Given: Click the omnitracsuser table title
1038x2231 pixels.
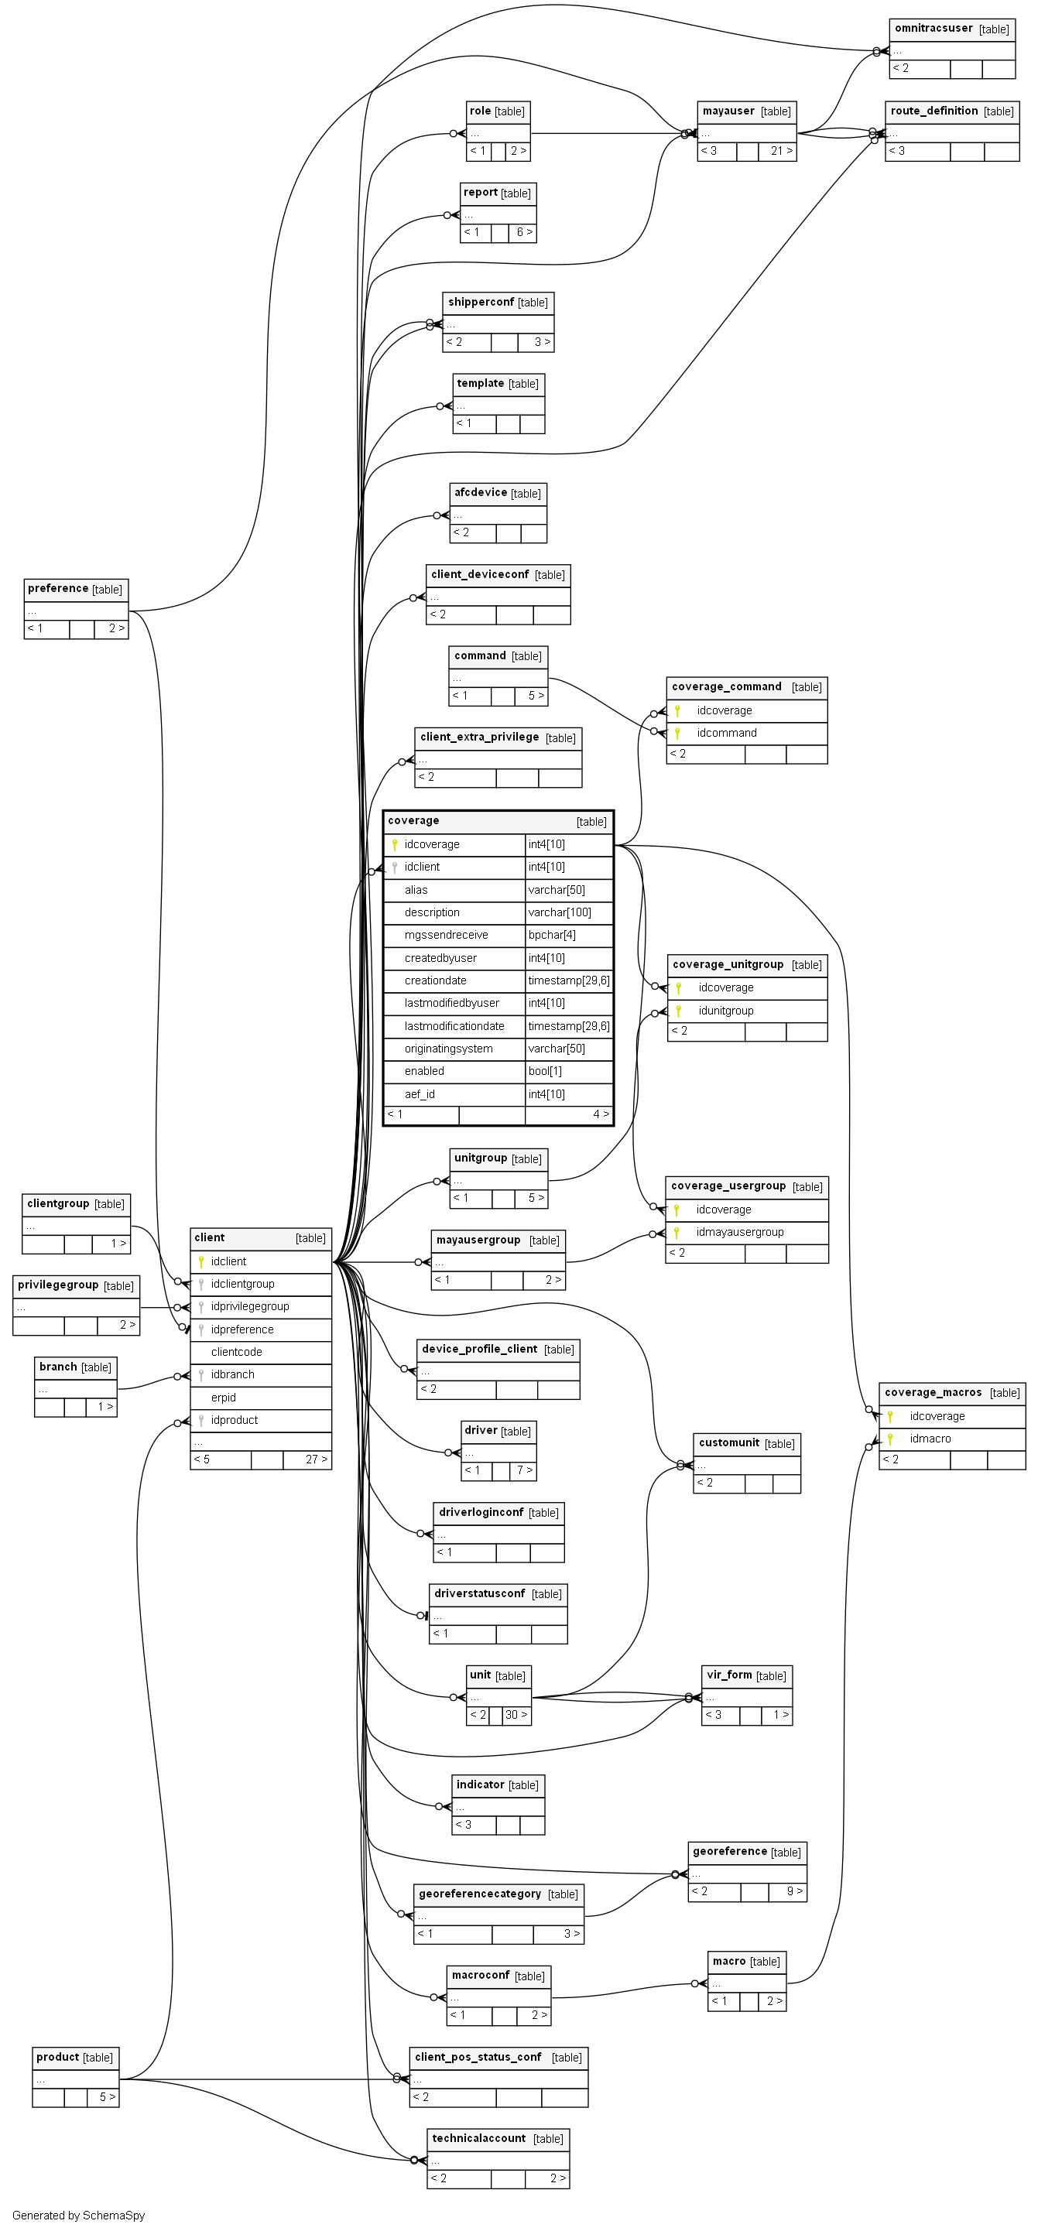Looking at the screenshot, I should point(934,29).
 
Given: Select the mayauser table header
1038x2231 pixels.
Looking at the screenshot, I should point(728,111).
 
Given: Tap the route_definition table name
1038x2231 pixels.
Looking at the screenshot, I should point(934,111).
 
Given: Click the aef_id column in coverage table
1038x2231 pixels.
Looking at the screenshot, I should point(420,1094).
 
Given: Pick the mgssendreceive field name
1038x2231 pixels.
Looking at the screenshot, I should point(446,935).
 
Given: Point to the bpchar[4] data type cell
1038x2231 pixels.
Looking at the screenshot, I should point(552,935).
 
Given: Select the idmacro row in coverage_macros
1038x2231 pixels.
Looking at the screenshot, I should point(930,1439).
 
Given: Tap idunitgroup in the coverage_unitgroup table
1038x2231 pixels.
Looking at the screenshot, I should point(725,1011).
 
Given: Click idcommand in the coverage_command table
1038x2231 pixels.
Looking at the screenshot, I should point(726,733).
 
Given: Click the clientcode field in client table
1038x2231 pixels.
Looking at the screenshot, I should point(237,1352).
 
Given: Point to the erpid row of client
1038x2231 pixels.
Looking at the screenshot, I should point(224,1397).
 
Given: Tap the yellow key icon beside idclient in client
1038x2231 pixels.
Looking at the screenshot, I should point(201,1262).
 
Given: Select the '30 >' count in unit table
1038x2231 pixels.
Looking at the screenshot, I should point(516,1715).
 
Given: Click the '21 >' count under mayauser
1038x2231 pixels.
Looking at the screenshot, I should point(782,151).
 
